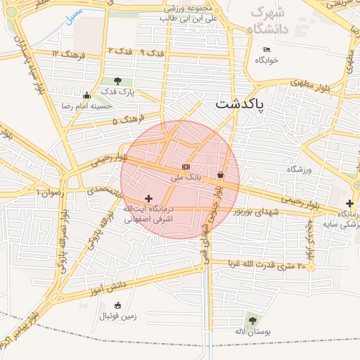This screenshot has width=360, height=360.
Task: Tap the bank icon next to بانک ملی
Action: click(x=186, y=167)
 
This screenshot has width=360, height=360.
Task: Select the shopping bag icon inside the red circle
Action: click(x=220, y=174)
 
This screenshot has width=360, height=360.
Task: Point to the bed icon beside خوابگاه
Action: click(x=266, y=49)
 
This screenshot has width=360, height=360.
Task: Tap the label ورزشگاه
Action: click(x=299, y=169)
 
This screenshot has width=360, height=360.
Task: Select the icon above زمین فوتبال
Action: click(x=117, y=305)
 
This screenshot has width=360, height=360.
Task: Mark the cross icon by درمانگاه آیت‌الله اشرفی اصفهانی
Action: click(x=148, y=199)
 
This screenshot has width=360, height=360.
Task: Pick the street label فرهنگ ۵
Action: click(x=127, y=120)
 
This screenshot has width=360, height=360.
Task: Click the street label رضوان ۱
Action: click(x=48, y=191)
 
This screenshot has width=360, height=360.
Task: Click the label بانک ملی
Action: click(x=189, y=177)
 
